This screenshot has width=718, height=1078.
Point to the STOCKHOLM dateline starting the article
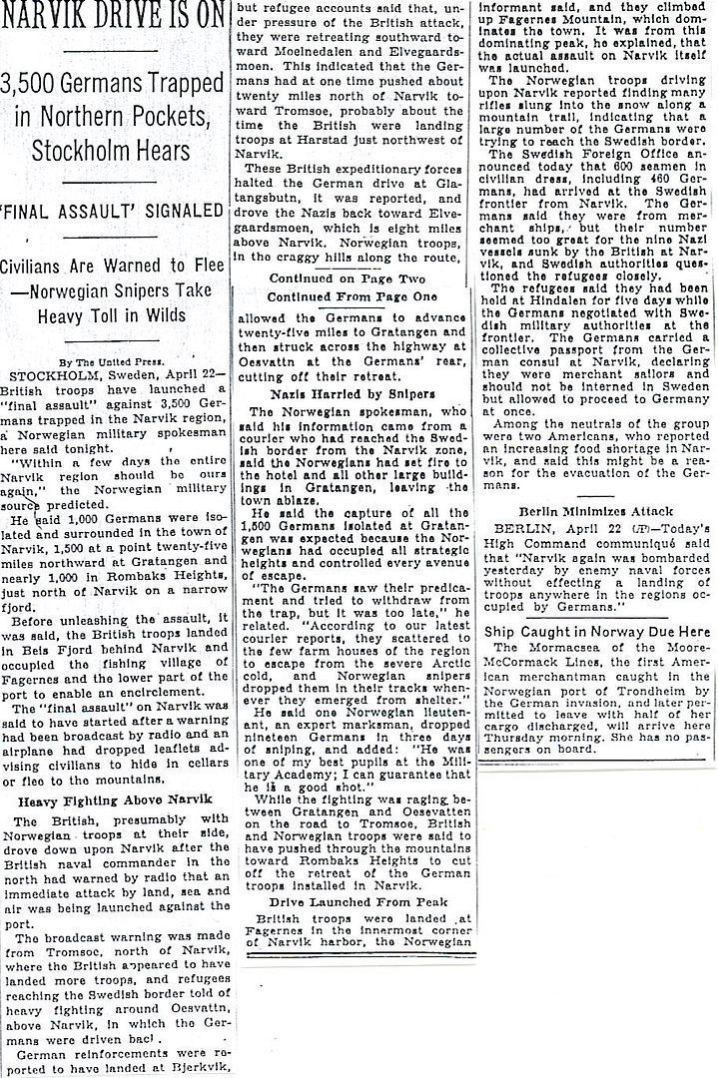pos(46,375)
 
